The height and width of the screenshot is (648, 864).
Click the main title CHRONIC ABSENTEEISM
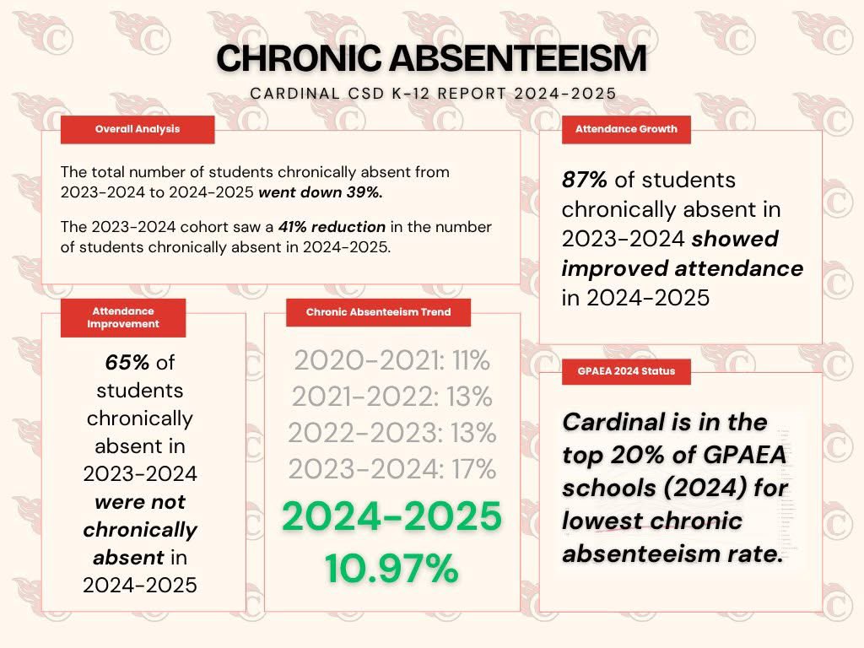[x=431, y=58]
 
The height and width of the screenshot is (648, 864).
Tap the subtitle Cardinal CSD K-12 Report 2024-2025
[x=431, y=94]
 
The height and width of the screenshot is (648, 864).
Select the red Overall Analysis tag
[x=138, y=129]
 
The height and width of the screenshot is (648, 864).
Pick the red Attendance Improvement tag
[x=123, y=317]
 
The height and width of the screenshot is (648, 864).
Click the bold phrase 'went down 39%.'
[x=321, y=192]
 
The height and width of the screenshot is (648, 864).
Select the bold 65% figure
[x=127, y=363]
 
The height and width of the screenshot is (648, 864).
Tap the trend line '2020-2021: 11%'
[x=391, y=361]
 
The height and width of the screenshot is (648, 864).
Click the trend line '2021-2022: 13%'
[x=391, y=397]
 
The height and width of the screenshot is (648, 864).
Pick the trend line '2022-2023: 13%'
[x=391, y=433]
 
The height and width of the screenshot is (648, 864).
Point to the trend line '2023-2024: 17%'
[x=391, y=468]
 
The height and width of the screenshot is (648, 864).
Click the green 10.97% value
[x=391, y=569]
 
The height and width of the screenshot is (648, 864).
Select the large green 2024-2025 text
[x=391, y=517]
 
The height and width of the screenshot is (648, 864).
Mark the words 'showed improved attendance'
[x=683, y=254]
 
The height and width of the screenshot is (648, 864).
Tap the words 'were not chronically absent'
[x=140, y=530]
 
